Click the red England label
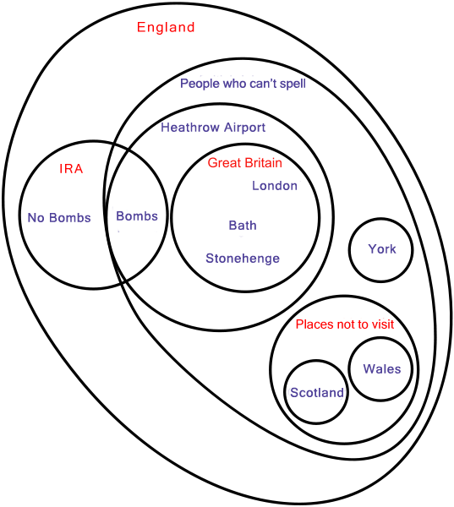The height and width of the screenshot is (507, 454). click(x=166, y=28)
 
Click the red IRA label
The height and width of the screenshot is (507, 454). click(x=71, y=169)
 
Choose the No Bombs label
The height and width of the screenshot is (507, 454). click(x=59, y=218)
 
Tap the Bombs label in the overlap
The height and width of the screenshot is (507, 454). click(x=137, y=216)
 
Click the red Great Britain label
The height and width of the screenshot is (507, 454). click(x=245, y=162)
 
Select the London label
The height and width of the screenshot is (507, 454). click(x=275, y=186)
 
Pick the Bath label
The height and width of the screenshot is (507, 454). click(x=243, y=226)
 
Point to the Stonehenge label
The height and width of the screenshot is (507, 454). click(x=243, y=259)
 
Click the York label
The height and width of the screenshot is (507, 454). click(x=382, y=249)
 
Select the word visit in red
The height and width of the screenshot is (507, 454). click(x=383, y=324)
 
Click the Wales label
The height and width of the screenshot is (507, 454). click(x=382, y=369)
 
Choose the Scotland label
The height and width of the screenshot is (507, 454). click(x=317, y=393)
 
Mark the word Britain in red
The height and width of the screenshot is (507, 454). click(x=264, y=162)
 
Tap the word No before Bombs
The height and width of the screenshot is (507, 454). click(x=36, y=218)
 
